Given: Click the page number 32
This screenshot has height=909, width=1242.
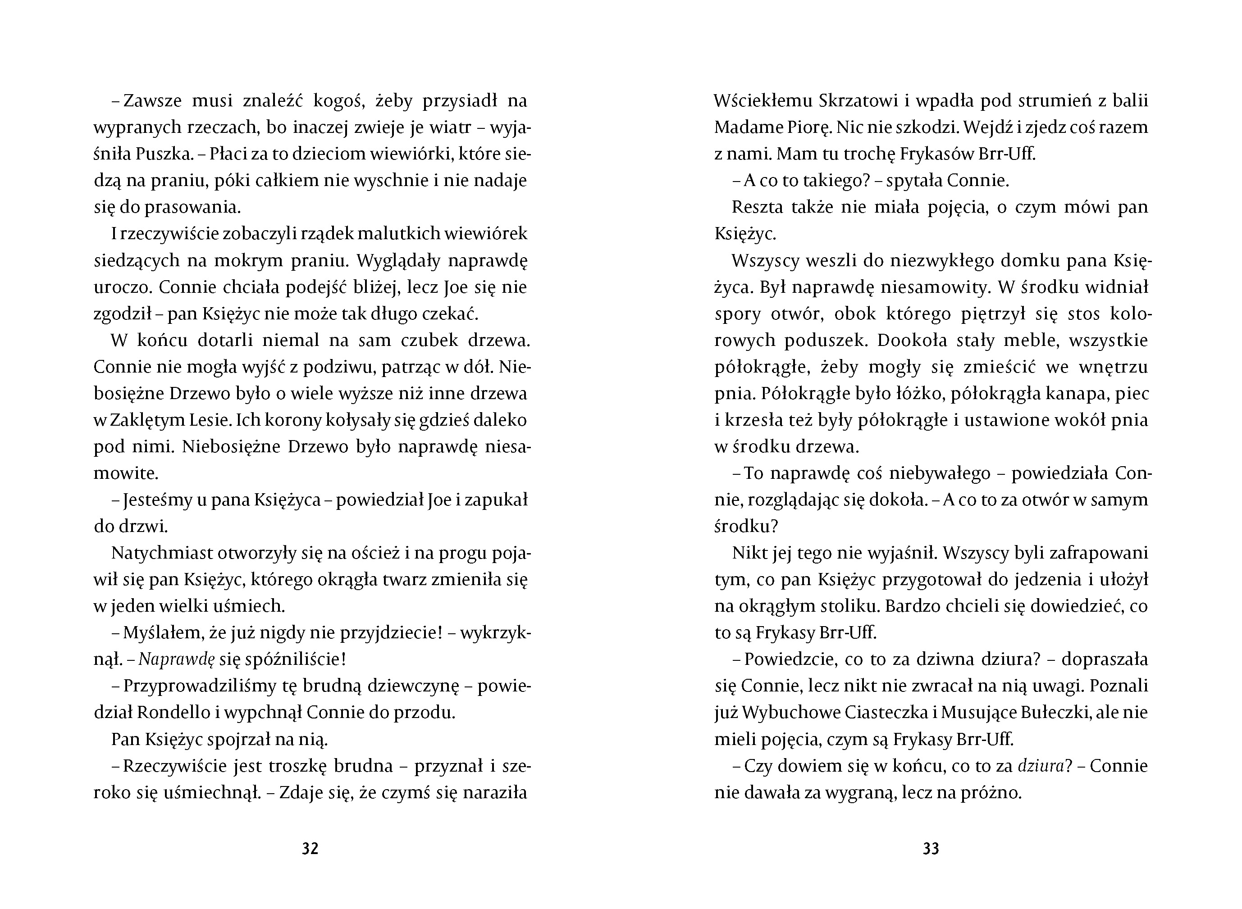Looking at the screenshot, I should pos(310,849).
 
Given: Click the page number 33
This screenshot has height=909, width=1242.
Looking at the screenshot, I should pos(931,849).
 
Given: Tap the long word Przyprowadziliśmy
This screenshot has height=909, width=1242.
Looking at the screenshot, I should pos(198,686).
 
